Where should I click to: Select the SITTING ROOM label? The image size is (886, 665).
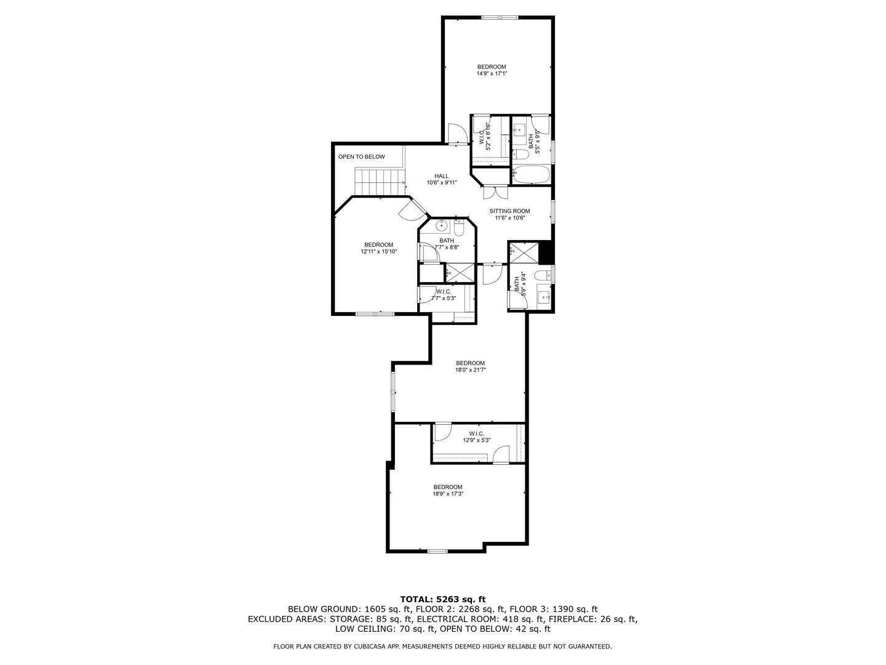pos(509,211)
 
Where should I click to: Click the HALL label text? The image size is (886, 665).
pos(442,176)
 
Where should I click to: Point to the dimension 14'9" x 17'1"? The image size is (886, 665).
pos(492,73)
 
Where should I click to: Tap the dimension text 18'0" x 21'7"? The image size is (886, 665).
pos(471,370)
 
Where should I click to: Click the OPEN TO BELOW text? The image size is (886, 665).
pos(361,157)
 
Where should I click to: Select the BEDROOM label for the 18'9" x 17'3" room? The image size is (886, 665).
pos(447,487)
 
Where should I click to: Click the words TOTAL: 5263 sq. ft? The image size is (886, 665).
pos(443,598)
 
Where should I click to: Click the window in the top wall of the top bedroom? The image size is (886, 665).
pos(499,17)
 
